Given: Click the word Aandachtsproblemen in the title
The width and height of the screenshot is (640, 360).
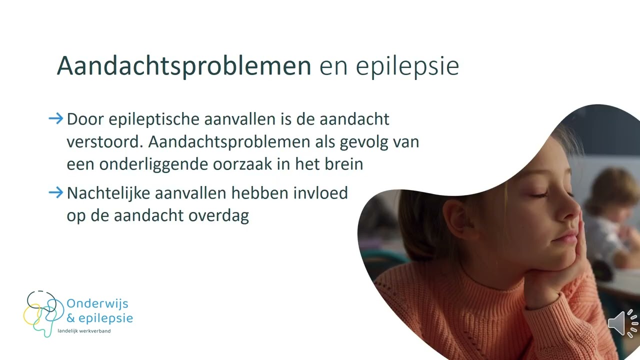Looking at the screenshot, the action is pos(184,66).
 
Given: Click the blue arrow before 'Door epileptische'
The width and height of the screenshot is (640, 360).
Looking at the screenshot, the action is pos(56,118).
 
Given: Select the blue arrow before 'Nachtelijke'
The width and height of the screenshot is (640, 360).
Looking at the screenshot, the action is pos(56,192).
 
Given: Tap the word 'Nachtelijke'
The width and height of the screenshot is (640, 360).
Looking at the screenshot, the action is pos(108,193).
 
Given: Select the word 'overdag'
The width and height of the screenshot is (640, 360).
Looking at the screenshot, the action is pos(218,216).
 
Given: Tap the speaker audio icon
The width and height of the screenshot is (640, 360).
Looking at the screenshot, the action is pos(623,323).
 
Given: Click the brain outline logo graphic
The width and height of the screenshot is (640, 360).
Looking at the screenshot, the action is pos(43,313).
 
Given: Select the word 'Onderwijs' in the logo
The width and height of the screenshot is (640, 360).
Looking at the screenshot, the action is pos(97,304).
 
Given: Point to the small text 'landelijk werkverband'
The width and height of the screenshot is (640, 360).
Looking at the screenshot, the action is pos(84,331).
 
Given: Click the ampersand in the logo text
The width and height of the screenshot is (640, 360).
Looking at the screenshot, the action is pos(71,318).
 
